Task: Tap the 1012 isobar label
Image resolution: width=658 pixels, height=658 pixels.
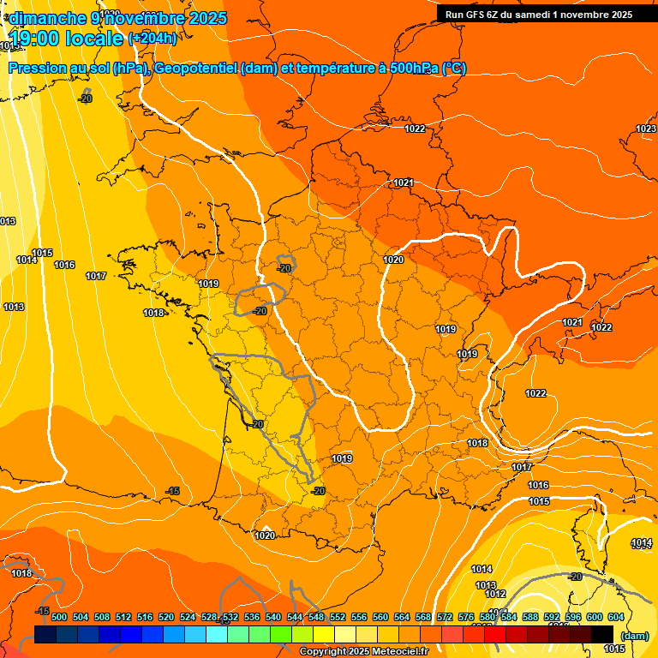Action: (495, 594)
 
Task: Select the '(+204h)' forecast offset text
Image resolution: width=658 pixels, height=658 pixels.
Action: (152, 38)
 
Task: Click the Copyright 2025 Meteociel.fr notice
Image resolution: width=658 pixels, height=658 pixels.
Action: (363, 651)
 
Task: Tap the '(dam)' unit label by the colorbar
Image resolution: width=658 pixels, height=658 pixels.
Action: (633, 636)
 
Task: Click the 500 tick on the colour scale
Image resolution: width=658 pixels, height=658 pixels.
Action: (59, 617)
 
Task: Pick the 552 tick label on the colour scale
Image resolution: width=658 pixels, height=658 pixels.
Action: (338, 617)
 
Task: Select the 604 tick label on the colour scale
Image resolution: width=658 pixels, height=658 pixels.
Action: (616, 617)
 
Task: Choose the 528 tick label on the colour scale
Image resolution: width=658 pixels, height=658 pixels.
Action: (209, 617)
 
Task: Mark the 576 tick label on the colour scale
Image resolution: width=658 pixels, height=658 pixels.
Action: (466, 617)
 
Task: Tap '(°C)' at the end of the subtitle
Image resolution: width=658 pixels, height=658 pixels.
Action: (454, 69)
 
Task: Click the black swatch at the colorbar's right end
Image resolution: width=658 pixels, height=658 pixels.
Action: (602, 634)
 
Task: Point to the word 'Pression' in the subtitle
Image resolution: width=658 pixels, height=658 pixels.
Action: (39, 69)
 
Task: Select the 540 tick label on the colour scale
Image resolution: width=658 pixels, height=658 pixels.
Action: (273, 617)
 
